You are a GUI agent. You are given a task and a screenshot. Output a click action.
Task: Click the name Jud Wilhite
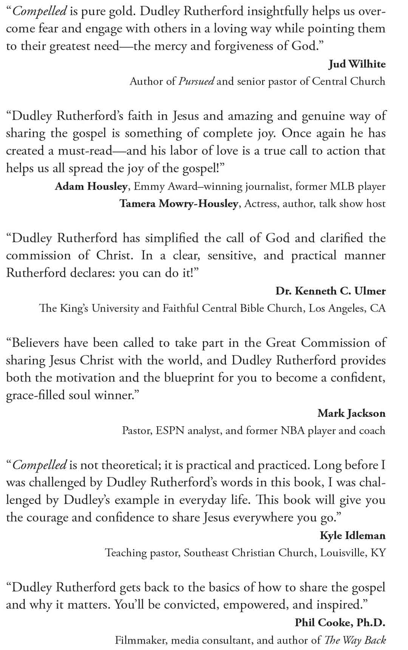tap(357, 64)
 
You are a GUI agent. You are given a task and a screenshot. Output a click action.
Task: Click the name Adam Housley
tap(91, 186)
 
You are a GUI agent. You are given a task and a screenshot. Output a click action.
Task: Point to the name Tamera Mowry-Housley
tap(179, 204)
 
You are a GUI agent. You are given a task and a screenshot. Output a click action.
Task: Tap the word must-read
tap(85, 151)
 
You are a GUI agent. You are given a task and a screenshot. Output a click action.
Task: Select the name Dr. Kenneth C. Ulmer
tap(330, 291)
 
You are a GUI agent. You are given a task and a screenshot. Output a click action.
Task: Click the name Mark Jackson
tap(351, 413)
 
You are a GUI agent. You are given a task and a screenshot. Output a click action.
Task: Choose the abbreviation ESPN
tap(169, 431)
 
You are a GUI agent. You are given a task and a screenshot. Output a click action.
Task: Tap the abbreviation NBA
tap(292, 431)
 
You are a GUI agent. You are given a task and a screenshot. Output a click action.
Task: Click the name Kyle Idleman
tap(352, 536)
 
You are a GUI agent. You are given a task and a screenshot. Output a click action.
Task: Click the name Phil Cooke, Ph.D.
tap(340, 622)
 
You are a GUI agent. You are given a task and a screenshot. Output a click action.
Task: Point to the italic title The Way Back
tap(355, 640)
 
